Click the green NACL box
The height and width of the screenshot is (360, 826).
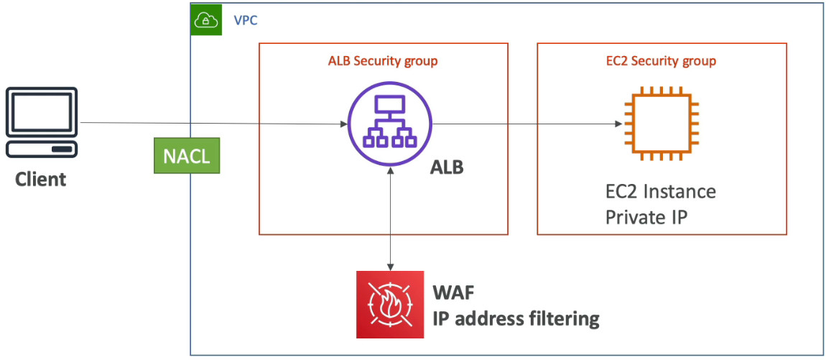187,155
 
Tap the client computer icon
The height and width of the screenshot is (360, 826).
42,122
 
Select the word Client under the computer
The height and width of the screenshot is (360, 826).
40,180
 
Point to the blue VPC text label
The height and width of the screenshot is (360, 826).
246,21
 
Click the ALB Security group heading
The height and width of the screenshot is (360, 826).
383,61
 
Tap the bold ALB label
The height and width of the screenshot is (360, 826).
447,169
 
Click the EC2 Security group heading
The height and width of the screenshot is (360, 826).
661,61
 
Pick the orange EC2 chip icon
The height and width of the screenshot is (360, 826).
661,124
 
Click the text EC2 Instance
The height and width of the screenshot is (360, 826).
661,191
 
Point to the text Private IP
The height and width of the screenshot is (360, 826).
646,216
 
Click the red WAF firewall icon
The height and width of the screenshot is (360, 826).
390,305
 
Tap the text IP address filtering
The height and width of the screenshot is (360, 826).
516,319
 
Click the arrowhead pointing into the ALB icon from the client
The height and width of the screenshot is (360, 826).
344,124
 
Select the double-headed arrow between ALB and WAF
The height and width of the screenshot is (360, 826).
390,218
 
